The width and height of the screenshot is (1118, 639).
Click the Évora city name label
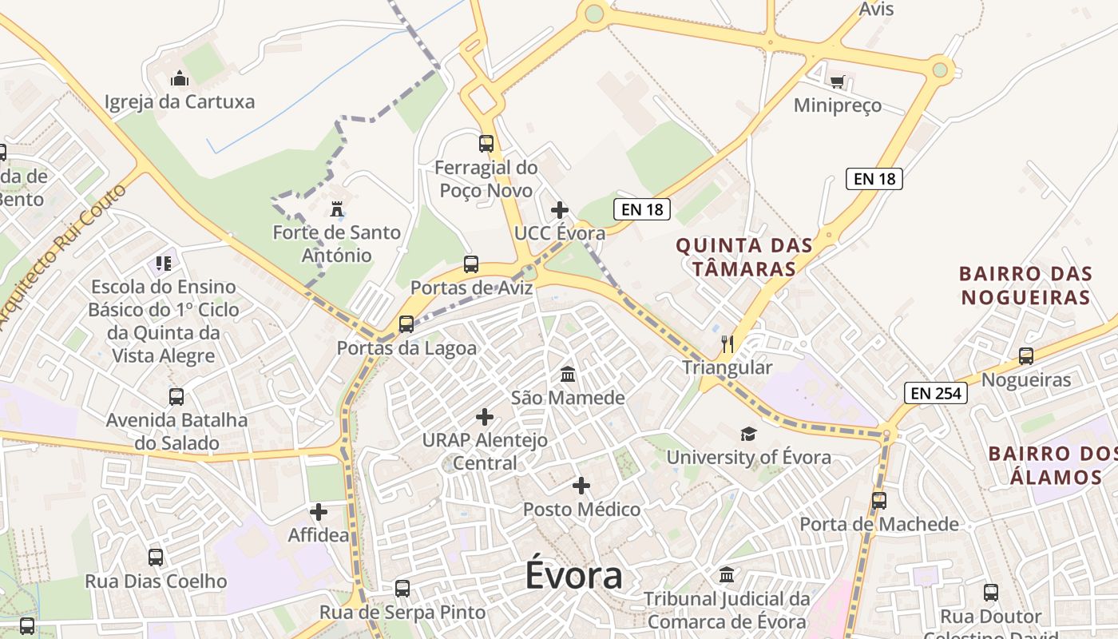click(x=573, y=576)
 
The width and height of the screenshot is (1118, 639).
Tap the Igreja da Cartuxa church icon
click(x=180, y=78)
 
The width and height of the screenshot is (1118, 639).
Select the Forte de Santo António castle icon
click(x=337, y=210)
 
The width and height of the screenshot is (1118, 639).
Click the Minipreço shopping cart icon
click(x=837, y=81)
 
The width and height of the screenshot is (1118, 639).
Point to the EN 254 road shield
click(x=936, y=392)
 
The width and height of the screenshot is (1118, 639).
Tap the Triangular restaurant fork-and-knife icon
click(x=727, y=344)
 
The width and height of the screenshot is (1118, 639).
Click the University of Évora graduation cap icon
click(x=748, y=434)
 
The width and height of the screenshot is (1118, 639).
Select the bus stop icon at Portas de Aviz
click(x=471, y=264)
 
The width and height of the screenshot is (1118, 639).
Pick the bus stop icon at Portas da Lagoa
click(x=406, y=324)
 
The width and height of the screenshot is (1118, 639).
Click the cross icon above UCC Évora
click(x=560, y=210)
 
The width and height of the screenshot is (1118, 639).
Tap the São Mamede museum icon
click(x=568, y=374)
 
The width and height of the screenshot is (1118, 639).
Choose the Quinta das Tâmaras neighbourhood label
click(x=743, y=256)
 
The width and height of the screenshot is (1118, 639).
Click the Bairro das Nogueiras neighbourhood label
click(x=1025, y=285)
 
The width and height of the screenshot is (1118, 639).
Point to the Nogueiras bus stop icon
click(x=1026, y=356)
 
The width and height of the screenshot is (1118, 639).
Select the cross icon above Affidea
click(x=319, y=511)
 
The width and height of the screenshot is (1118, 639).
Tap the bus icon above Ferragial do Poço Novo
click(x=486, y=144)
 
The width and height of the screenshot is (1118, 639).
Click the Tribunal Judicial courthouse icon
click(x=727, y=574)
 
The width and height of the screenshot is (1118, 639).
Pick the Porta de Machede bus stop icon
click(x=879, y=501)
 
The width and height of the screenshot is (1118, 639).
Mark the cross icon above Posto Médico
click(x=581, y=486)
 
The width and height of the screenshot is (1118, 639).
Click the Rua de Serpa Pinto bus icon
click(x=402, y=589)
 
